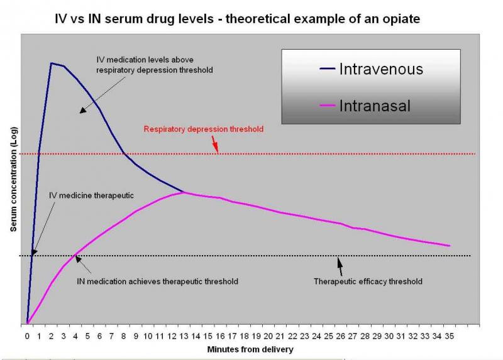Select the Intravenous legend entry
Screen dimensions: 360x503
[381, 69]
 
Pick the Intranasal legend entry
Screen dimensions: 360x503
[374, 106]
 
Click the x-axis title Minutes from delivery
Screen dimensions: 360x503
[251, 349]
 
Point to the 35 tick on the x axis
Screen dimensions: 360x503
[450, 336]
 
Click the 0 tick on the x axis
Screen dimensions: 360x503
[27, 336]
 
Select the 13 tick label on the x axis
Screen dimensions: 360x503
[184, 336]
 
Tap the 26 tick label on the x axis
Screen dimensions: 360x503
[341, 336]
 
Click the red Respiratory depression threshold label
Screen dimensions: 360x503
[203, 129]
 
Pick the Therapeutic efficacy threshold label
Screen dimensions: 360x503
[368, 281]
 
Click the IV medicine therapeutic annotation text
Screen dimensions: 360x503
[91, 195]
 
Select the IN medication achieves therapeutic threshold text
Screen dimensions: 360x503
[157, 281]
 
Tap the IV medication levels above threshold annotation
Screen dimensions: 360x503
[155, 65]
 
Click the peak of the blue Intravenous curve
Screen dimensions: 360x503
[51, 63]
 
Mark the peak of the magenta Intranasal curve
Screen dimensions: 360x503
[184, 192]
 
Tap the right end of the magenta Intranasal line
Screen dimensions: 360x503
[450, 246]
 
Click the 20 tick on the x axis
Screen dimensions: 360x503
[268, 336]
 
